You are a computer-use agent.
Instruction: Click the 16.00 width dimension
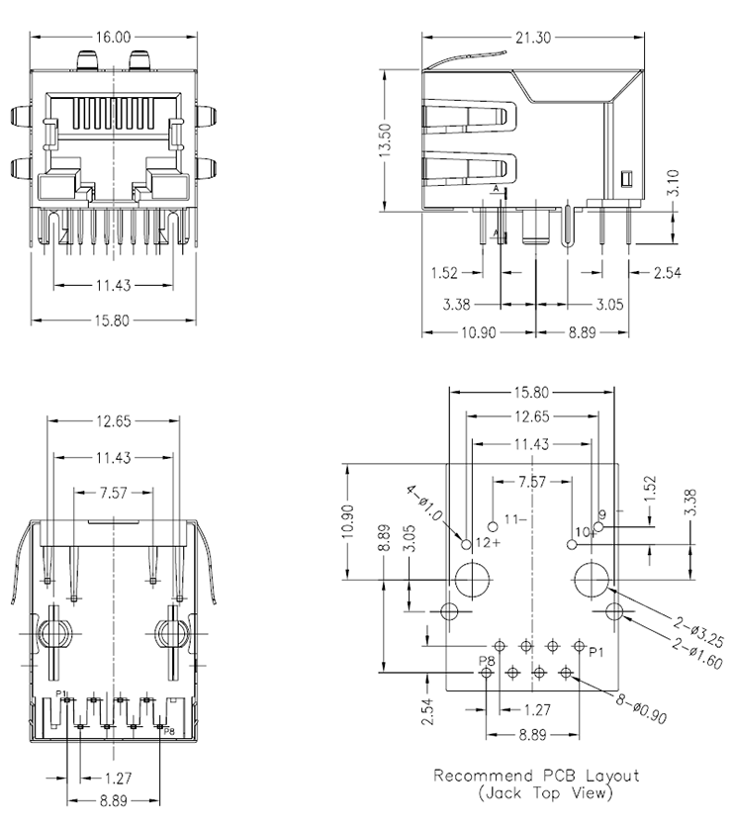click(x=113, y=38)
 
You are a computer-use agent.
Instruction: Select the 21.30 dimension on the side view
click(x=532, y=38)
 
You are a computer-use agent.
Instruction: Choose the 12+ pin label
click(x=490, y=543)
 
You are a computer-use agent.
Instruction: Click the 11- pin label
click(x=514, y=517)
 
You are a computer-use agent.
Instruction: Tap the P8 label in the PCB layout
click(x=487, y=660)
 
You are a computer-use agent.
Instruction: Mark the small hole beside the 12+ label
click(x=467, y=543)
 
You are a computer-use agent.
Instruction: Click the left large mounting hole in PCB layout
click(x=470, y=579)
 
